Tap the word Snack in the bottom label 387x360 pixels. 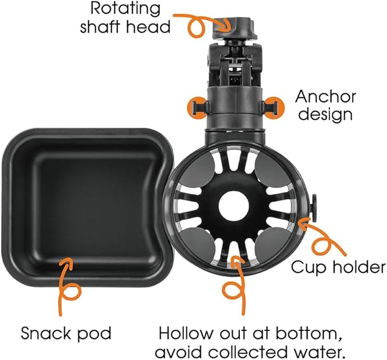[x=46, y=333]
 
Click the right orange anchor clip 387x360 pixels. [x=273, y=105]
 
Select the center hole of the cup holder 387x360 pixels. [x=234, y=204]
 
